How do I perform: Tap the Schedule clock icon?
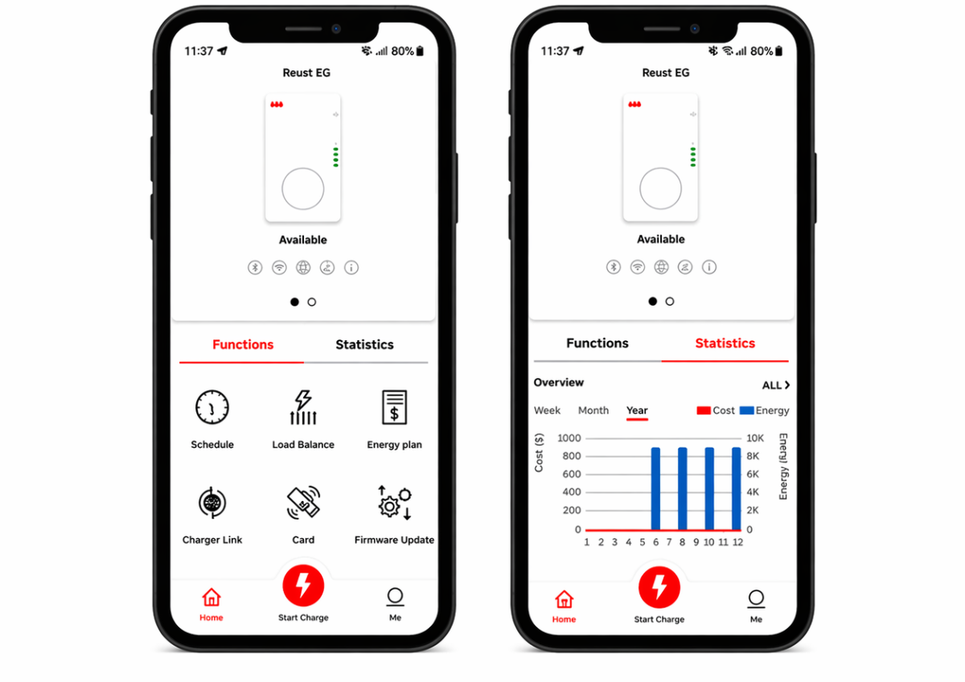[x=212, y=407]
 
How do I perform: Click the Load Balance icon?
[x=303, y=408]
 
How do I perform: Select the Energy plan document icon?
[x=394, y=407]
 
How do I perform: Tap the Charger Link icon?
[x=212, y=503]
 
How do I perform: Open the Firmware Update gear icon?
[x=395, y=503]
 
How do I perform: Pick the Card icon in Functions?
[x=303, y=503]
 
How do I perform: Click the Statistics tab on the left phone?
[x=364, y=344]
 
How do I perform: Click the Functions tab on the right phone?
[x=597, y=343]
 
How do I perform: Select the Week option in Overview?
[x=547, y=410]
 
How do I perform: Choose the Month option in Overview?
[x=593, y=410]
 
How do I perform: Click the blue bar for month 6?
[x=655, y=488]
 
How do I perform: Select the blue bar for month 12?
[x=737, y=488]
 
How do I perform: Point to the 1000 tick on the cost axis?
[x=569, y=438]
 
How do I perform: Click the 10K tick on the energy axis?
[x=755, y=438]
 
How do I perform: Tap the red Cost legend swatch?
[x=704, y=411]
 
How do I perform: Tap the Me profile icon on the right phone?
[x=756, y=598]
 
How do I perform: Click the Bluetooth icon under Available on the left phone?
[x=255, y=268]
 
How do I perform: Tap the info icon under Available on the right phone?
[x=709, y=267]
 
